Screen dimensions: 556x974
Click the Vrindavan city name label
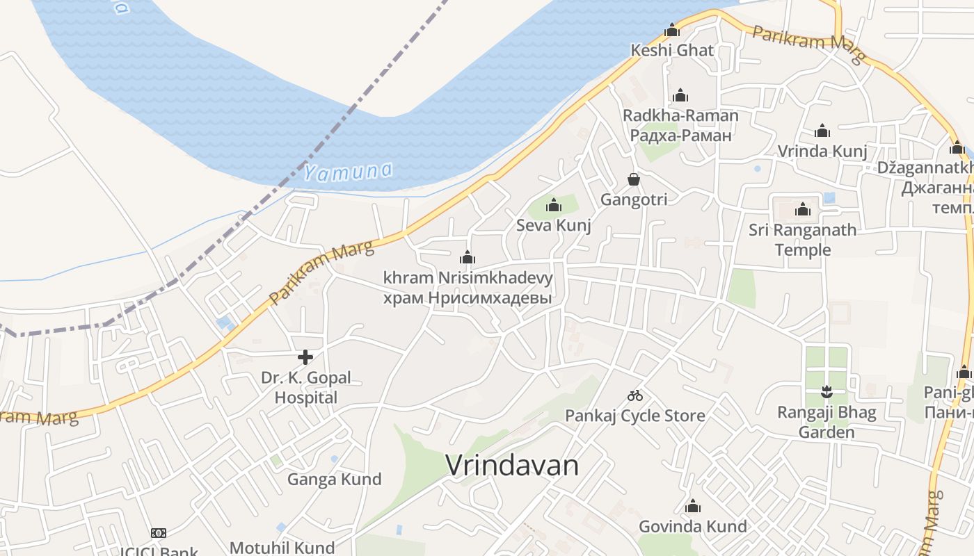pos(512,465)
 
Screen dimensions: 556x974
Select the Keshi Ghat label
pos(672,50)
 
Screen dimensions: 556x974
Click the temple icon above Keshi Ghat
pos(672,30)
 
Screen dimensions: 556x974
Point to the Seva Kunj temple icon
pos(554,205)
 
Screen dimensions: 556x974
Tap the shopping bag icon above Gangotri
pos(634,179)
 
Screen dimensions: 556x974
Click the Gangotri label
pos(634,199)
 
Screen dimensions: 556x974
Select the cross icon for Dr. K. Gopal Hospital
pos(305,357)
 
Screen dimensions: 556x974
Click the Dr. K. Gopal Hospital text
pos(306,388)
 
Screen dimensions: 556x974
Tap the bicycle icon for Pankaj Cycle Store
pos(635,395)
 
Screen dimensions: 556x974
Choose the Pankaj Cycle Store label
pos(635,416)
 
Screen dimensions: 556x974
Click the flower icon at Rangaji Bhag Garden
pos(827,391)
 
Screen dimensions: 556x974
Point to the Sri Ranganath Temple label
pos(803,239)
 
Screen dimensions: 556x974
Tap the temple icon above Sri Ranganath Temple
pos(803,209)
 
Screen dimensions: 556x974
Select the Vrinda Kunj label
pos(822,151)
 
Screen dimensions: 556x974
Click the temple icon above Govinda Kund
pos(693,506)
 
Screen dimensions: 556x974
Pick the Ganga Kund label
pos(335,479)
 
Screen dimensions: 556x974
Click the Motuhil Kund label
pos(282,548)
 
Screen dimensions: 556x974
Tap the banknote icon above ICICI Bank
pos(159,533)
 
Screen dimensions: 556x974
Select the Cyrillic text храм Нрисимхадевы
pos(468,297)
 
